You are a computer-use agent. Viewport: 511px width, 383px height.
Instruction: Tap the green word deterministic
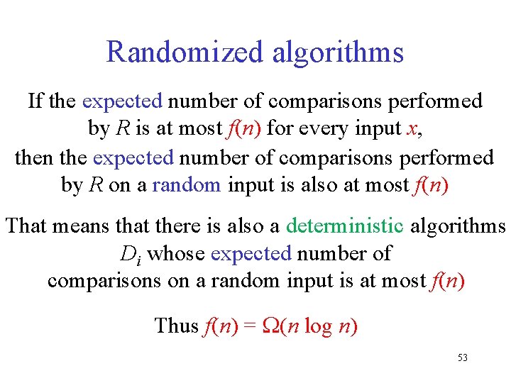click(344, 226)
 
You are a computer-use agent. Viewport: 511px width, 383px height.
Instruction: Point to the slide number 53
click(463, 358)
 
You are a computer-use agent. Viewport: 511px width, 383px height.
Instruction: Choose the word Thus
click(175, 326)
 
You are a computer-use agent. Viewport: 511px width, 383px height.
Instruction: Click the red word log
click(318, 326)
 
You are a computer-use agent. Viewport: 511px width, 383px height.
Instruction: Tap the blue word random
click(187, 185)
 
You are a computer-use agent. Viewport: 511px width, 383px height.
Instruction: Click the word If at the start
click(36, 101)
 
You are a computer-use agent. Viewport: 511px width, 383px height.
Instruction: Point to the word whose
click(177, 253)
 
